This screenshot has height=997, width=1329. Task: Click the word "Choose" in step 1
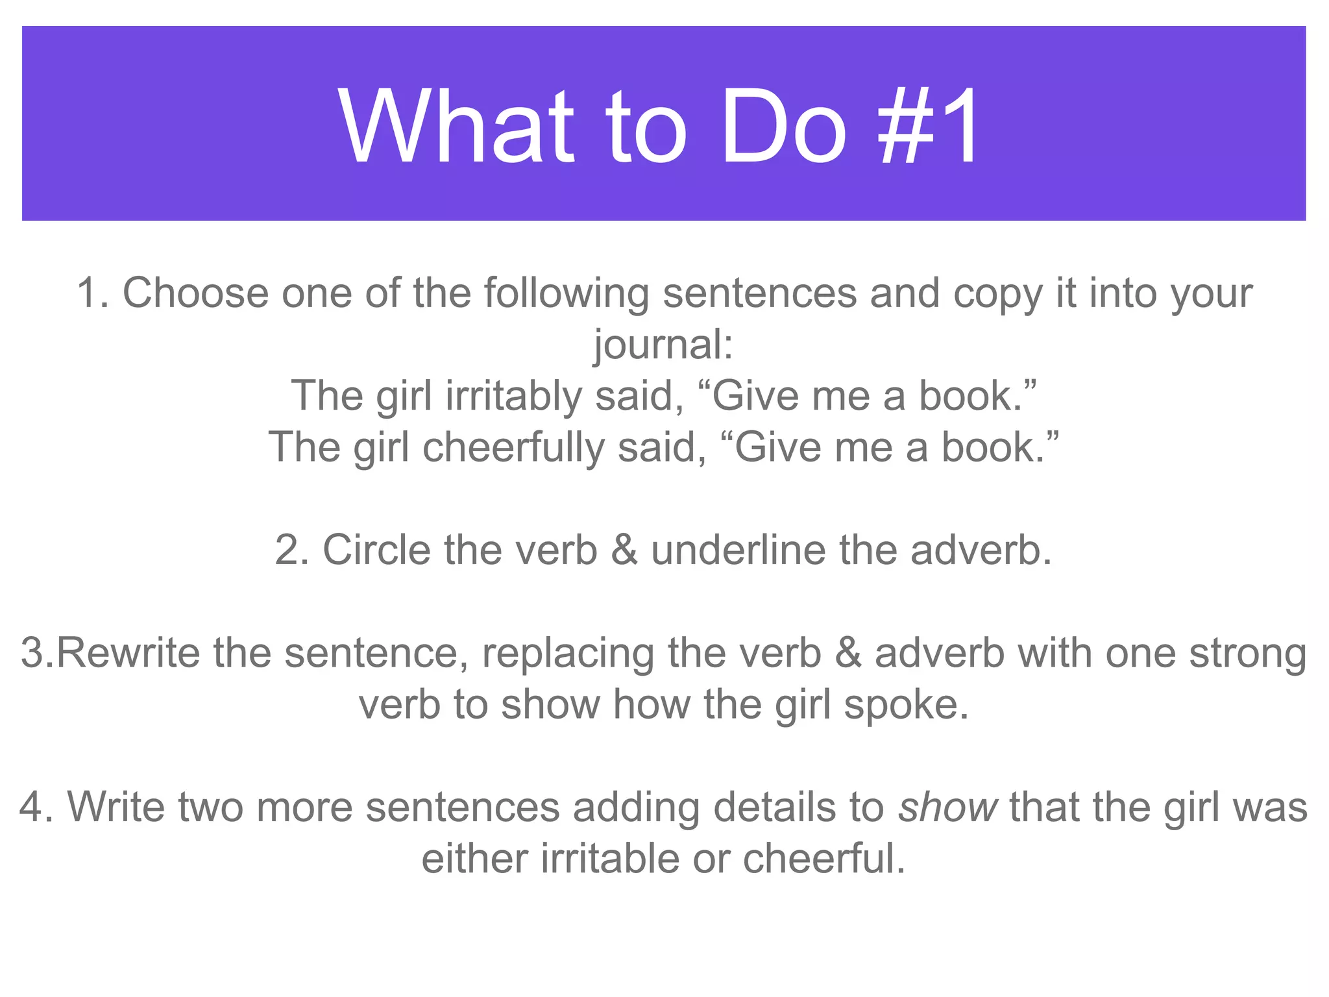(195, 293)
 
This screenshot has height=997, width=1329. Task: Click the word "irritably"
(513, 396)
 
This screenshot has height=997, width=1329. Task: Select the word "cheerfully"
(513, 447)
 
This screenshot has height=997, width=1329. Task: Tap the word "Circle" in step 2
(376, 550)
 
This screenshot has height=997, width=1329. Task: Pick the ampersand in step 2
(624, 550)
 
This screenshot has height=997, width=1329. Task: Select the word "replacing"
(568, 653)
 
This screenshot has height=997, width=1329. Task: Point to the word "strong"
(1249, 653)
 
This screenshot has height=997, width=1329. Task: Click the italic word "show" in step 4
(947, 807)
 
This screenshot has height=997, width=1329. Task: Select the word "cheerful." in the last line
(823, 859)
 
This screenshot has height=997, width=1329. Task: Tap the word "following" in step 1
(567, 293)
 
